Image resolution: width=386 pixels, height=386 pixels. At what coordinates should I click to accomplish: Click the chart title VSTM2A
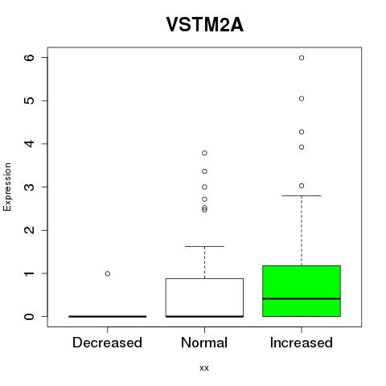(x=205, y=25)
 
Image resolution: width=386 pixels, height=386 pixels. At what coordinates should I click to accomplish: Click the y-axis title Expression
(x=7, y=187)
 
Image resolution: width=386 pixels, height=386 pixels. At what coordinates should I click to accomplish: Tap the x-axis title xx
(x=204, y=368)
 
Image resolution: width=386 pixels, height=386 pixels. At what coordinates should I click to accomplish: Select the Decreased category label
(x=107, y=343)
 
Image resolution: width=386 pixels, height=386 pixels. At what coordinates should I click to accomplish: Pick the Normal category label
(x=204, y=343)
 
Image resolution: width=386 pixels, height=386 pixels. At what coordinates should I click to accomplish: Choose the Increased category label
(x=302, y=343)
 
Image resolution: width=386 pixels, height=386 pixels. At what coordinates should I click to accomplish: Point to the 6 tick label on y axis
(x=30, y=57)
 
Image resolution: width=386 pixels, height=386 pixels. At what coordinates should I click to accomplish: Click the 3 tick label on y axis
(x=30, y=187)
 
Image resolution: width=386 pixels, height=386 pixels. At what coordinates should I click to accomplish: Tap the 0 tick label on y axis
(x=30, y=316)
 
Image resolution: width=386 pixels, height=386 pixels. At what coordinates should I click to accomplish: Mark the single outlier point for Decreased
(x=108, y=273)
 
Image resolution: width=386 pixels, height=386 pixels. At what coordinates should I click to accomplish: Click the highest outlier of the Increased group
(x=302, y=58)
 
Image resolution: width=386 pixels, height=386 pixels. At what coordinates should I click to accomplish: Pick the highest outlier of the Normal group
(x=204, y=153)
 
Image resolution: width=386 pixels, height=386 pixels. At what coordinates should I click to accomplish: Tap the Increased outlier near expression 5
(x=302, y=99)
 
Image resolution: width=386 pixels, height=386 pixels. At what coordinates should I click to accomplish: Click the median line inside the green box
(x=302, y=298)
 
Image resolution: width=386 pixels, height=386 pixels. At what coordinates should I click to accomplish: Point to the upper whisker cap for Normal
(x=204, y=246)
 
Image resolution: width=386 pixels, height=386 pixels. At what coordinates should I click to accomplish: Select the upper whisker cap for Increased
(x=302, y=195)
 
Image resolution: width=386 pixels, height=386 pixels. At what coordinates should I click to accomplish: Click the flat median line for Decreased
(x=108, y=316)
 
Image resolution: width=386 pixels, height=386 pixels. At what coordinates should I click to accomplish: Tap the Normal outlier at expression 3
(x=204, y=187)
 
